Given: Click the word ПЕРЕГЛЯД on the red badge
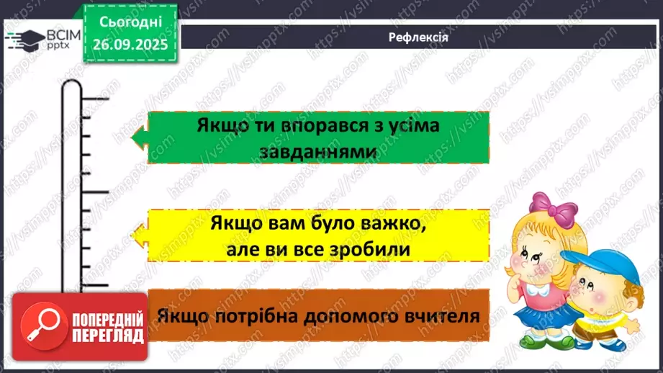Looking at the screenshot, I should click(108, 336).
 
